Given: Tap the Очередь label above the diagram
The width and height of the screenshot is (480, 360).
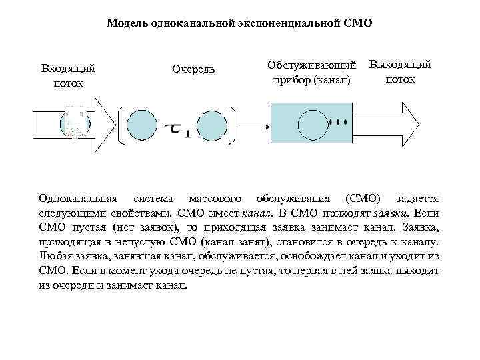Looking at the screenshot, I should tap(193, 69).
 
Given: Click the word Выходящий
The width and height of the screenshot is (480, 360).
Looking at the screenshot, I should tap(400, 65).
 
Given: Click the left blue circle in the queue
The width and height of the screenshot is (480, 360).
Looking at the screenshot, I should tap(141, 125).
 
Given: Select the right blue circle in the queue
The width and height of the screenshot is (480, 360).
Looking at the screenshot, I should tap(213, 125).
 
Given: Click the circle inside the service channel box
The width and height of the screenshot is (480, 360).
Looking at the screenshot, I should tap(314, 124).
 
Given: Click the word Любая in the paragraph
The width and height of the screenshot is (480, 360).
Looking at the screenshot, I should tap(55, 257).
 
